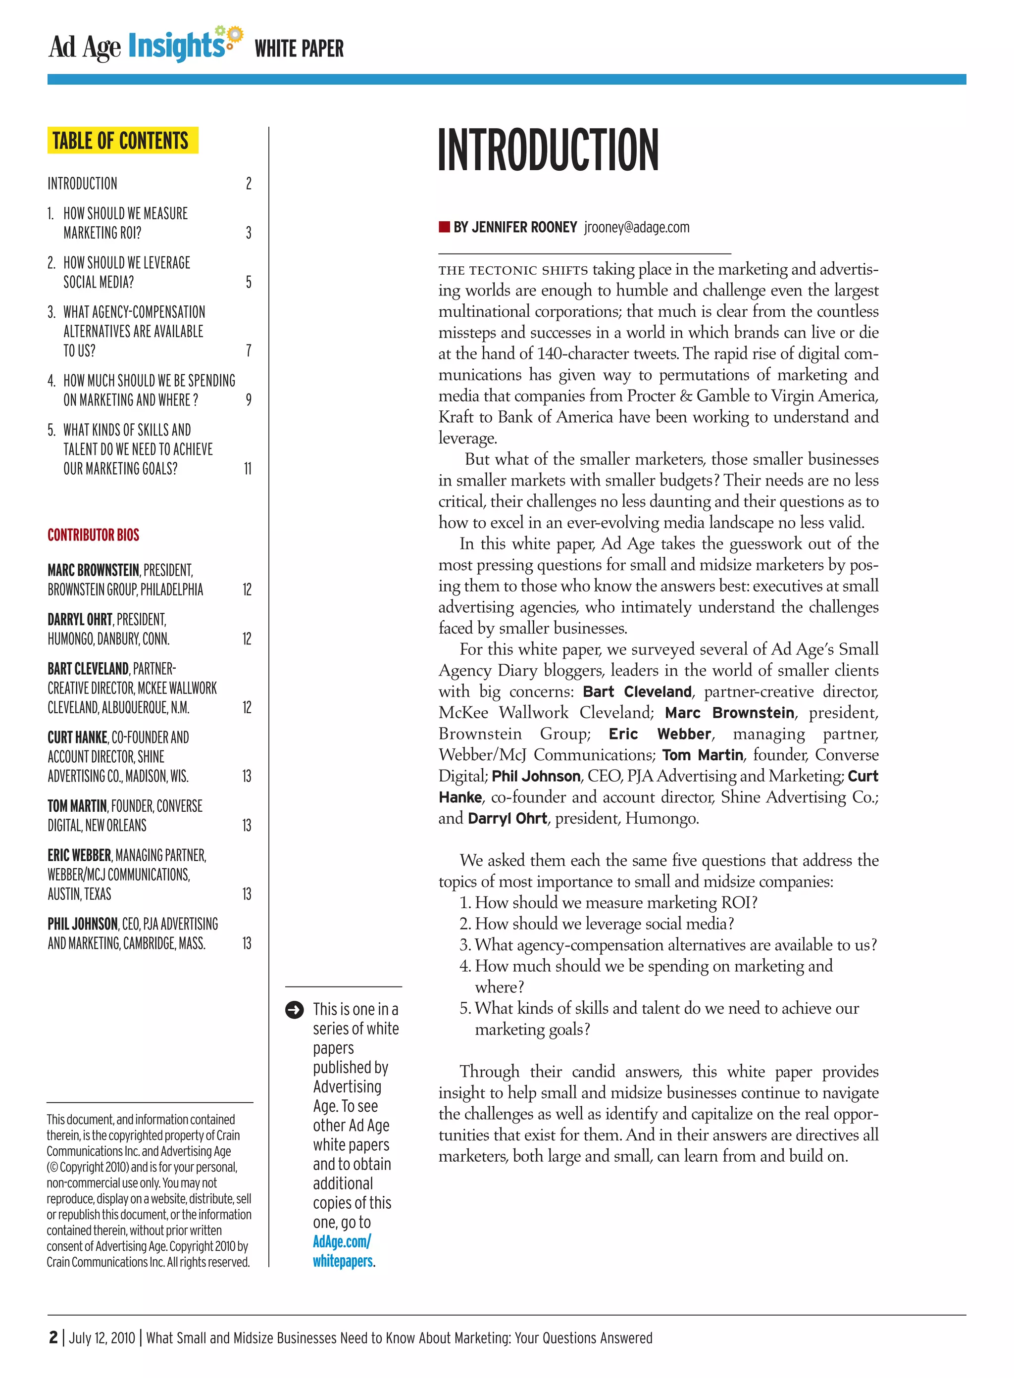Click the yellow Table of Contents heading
pos(122,141)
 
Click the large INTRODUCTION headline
pos(548,150)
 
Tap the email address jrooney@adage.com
pos(637,228)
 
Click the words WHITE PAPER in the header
pos(299,49)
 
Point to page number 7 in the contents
pos(248,350)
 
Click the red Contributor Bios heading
pos(93,535)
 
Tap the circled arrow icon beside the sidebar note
pos(294,1010)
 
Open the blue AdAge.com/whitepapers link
pos(342,1251)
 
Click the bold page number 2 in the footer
pos(53,1337)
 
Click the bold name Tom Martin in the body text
pos(702,755)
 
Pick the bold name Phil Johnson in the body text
pos(536,776)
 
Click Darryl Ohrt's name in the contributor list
pos(80,619)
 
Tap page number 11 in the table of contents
pos(248,469)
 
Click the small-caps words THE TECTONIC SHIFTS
pos(512,270)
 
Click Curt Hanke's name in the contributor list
pos(77,737)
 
